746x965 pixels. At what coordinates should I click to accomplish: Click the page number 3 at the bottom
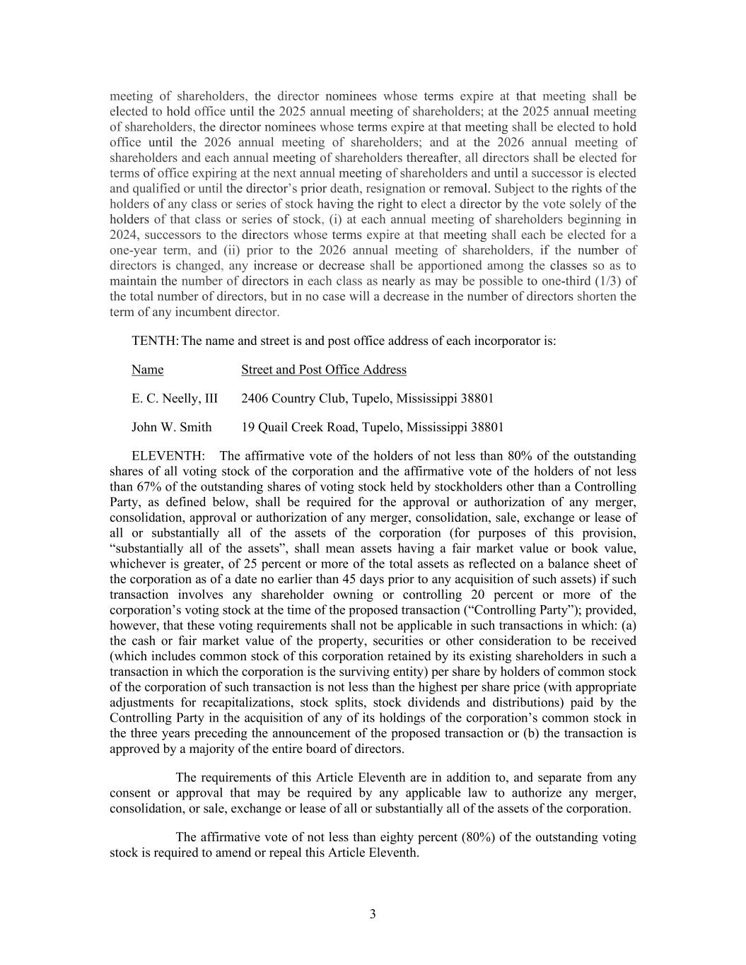[x=373, y=914]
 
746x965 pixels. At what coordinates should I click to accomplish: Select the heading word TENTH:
[x=155, y=341]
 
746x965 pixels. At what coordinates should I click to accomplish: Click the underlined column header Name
[x=147, y=370]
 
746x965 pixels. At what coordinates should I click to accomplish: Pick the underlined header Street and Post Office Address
[x=324, y=370]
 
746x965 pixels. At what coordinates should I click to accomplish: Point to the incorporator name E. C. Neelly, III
[x=175, y=399]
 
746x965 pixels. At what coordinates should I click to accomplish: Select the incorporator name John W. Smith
[x=171, y=427]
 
